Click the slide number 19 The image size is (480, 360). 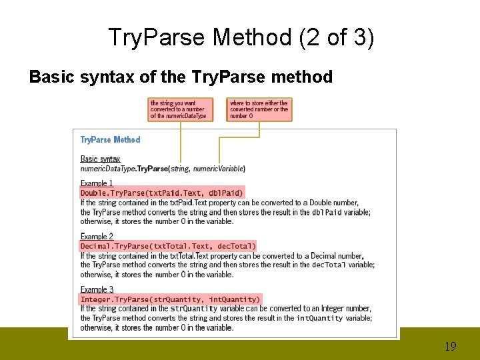coord(450,347)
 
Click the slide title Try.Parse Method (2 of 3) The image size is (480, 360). coord(241,38)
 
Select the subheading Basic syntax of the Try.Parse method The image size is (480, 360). coord(181,77)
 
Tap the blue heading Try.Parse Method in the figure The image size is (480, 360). coord(110,140)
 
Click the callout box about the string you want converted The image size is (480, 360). coord(180,109)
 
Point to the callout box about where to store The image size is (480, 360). coord(259,109)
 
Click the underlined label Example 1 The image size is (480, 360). coord(97,183)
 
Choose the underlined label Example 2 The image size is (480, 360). coord(97,237)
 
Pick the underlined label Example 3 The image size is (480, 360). coord(97,289)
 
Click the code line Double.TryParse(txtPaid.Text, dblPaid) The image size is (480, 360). coord(162,193)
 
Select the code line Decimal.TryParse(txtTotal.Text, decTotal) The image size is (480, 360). coord(168,246)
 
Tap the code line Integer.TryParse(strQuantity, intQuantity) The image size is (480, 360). coord(170,299)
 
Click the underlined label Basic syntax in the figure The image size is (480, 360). coord(100,159)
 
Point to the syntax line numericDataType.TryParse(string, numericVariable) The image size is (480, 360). coord(163,169)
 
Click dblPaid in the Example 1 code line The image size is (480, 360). coord(225,193)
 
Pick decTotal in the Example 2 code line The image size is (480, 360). coord(236,246)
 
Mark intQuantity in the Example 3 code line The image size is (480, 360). coord(234,299)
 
